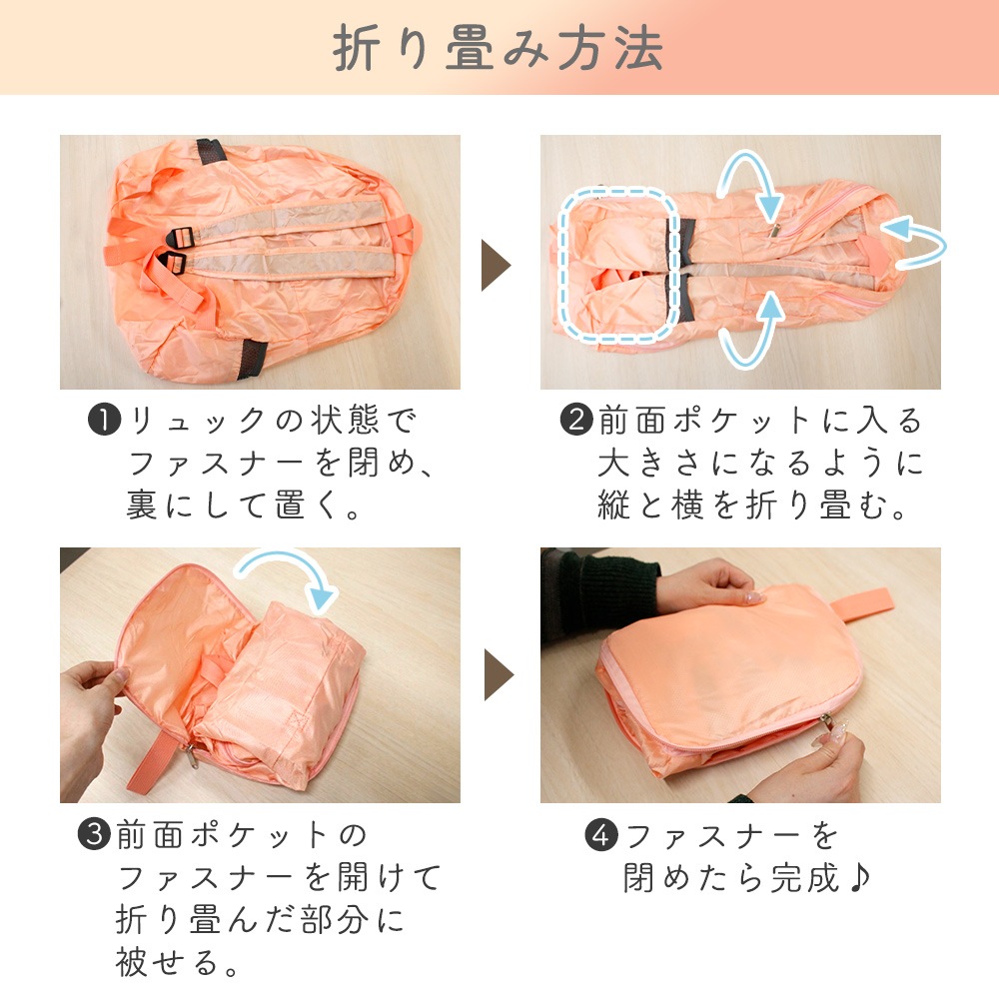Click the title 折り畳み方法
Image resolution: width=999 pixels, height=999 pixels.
[498, 48]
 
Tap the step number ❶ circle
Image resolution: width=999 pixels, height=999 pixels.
[105, 421]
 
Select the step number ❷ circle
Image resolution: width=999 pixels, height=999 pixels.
[576, 421]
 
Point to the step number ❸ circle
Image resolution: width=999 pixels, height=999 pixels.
[94, 834]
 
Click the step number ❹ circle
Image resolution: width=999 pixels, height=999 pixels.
[601, 835]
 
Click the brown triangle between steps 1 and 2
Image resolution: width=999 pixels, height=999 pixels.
[496, 265]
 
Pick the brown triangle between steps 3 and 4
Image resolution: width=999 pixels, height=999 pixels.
[499, 674]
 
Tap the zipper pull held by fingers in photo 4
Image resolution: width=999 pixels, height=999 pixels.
[829, 725]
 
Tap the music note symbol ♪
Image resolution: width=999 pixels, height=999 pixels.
[859, 878]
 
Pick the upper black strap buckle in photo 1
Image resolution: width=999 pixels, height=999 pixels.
[180, 238]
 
